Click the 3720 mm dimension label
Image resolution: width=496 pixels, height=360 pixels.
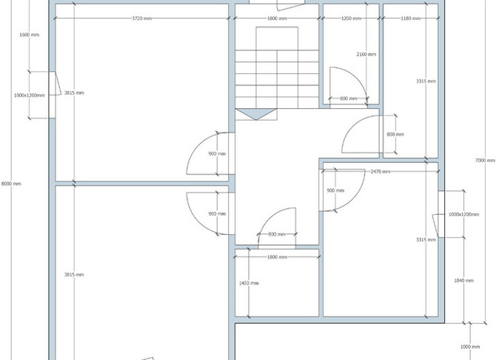coord(141,19)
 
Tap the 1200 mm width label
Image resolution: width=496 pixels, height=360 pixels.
coord(351,19)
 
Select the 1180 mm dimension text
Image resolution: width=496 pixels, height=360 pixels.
coord(411,19)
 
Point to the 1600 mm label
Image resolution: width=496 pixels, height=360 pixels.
coord(30,35)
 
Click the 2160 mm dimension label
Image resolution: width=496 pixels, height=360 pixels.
coord(366,55)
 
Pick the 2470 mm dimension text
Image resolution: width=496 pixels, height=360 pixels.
coord(381,172)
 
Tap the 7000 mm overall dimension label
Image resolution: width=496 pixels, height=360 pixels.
coord(485,161)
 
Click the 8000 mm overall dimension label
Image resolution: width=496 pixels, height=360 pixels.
coord(11,184)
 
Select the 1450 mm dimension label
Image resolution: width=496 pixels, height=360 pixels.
coord(249,283)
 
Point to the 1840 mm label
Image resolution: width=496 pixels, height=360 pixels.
coord(463,281)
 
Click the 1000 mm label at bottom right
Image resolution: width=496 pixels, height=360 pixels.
coord(470,347)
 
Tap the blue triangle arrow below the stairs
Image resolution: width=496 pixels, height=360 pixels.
coord(256,113)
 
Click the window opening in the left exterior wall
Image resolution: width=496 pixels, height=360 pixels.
coord(53,95)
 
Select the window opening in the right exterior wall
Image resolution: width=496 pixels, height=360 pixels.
coord(441,214)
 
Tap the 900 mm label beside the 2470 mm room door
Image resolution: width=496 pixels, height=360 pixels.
coord(335,190)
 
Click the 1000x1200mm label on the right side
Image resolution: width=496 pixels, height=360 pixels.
coord(463,214)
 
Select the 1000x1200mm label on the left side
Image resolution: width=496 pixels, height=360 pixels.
coord(29,96)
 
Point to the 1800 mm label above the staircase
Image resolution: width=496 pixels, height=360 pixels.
coord(277,19)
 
